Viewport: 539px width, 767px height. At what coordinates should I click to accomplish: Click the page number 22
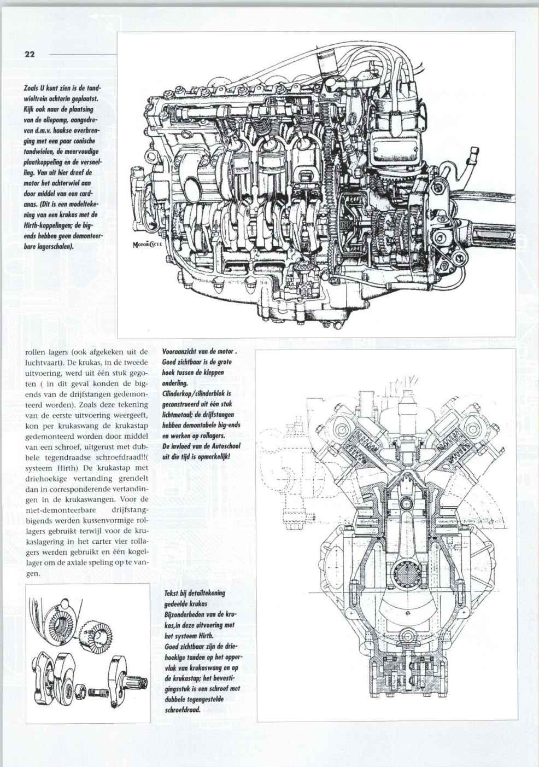(30, 54)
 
